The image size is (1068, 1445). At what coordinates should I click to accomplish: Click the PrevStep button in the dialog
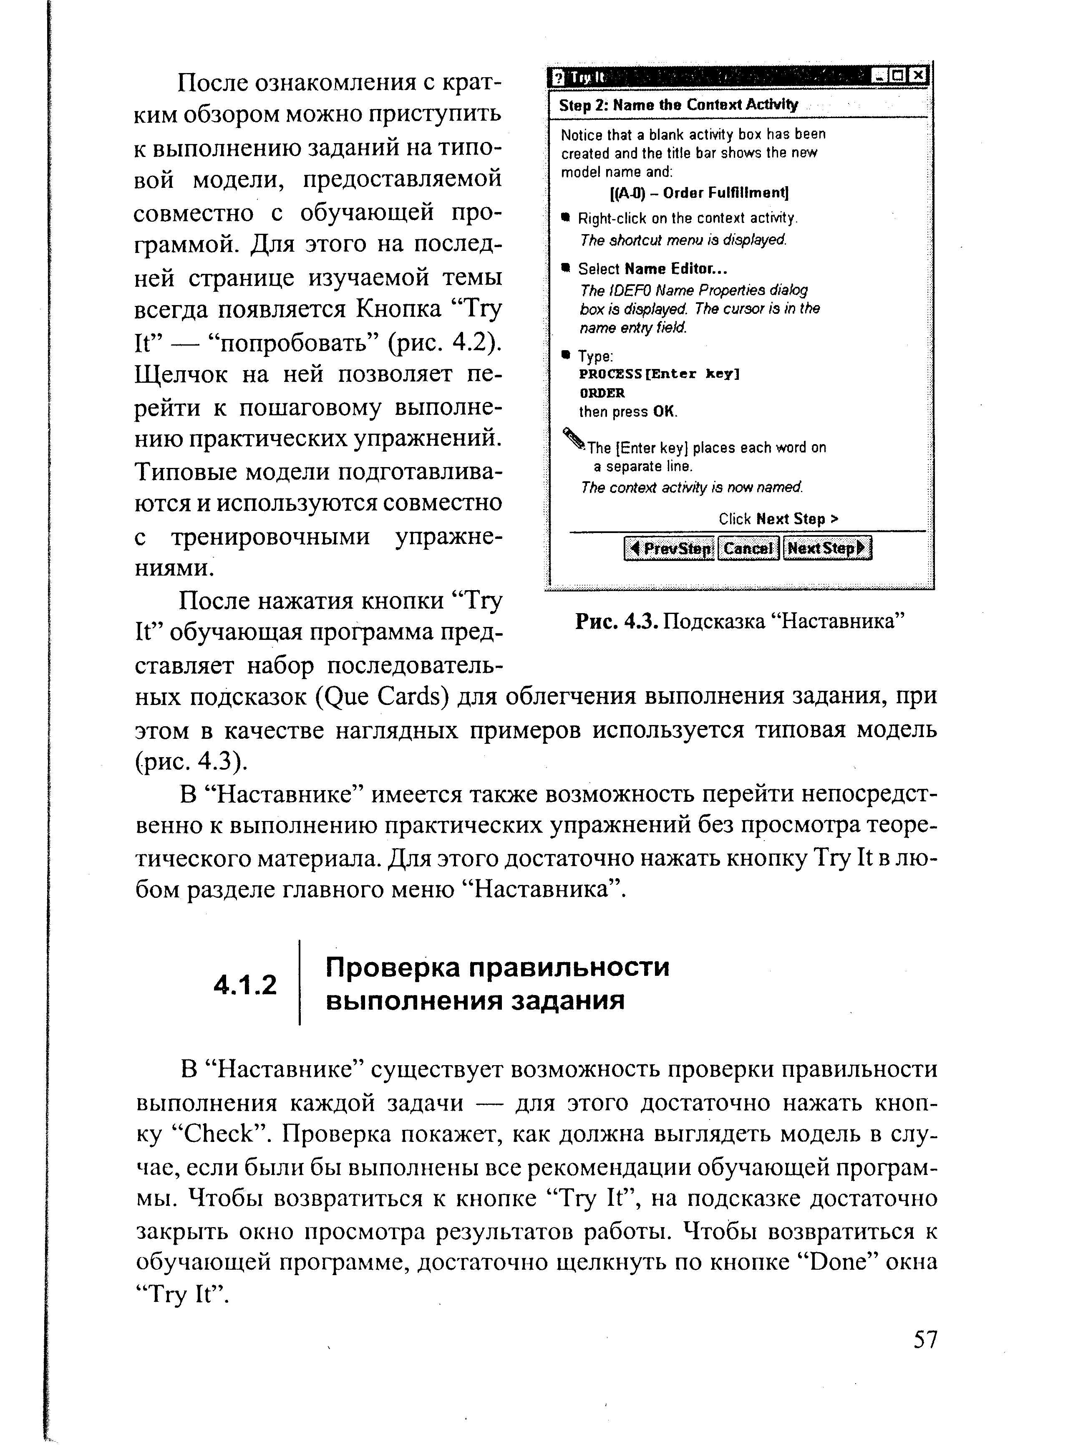[669, 548]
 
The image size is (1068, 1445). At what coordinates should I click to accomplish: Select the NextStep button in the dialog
[827, 548]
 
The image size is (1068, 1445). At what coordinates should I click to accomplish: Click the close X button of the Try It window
[918, 76]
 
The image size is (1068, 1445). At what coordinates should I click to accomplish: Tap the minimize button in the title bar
[879, 76]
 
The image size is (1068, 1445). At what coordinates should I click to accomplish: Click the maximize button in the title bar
[899, 76]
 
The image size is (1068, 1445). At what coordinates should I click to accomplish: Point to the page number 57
[924, 1339]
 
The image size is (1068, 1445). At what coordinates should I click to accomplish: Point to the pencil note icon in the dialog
[574, 439]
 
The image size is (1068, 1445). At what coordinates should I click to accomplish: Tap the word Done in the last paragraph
[839, 1262]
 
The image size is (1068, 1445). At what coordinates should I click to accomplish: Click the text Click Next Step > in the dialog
[778, 519]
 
